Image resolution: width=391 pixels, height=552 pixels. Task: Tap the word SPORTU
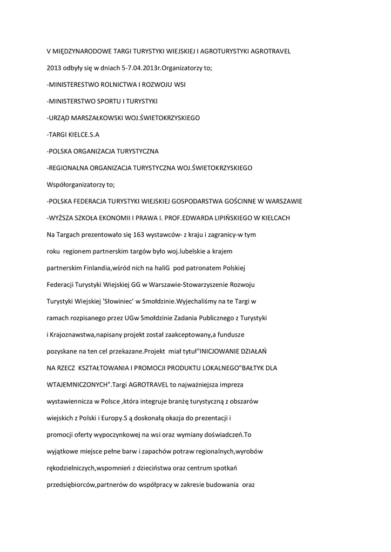tap(108, 101)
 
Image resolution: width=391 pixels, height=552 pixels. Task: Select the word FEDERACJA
tap(91, 201)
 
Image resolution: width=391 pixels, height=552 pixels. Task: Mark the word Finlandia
tap(97, 268)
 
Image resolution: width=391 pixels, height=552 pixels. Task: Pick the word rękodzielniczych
tap(72, 468)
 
